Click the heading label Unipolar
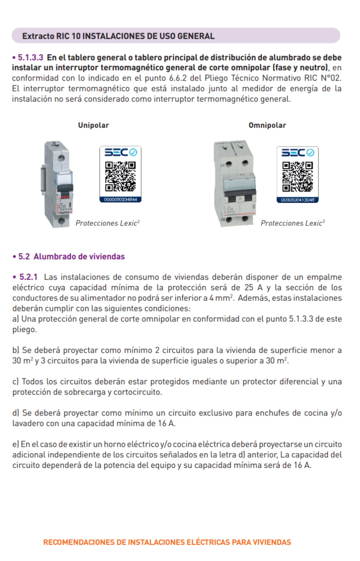pos(93,125)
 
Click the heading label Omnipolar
pos(267,125)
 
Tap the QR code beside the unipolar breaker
pos(120,177)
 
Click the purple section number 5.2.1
pos(28,277)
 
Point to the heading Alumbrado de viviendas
pos(79,257)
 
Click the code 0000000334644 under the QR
pos(120,200)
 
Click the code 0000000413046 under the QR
pos(297,200)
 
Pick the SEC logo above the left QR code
pos(120,152)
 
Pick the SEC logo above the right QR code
pos(297,153)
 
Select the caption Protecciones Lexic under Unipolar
pos(107,223)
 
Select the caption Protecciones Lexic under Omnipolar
pos(292,223)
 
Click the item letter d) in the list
pos(16,413)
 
